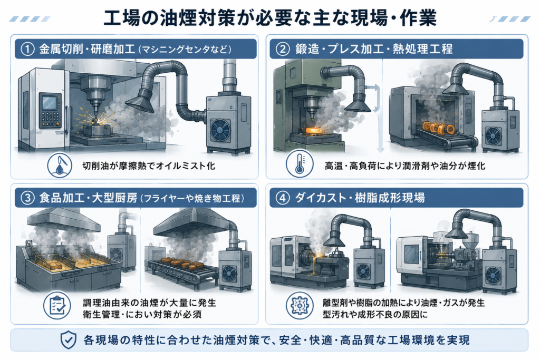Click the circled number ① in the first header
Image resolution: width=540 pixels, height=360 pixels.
tap(27, 49)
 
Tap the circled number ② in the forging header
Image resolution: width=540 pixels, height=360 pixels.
tap(283, 49)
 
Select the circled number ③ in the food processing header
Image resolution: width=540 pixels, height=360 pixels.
tap(27, 198)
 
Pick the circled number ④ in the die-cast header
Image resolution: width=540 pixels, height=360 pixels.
tap(283, 198)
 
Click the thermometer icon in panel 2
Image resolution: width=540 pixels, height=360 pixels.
tap(300, 164)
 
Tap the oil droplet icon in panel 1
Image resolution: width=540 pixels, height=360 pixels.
tap(60, 165)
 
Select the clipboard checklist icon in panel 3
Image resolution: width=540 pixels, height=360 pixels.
tap(57, 306)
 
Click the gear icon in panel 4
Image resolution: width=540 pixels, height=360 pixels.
tap(299, 306)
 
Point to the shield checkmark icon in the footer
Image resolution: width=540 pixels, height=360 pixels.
tap(68, 340)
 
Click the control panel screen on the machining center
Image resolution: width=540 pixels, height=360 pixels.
tap(50, 102)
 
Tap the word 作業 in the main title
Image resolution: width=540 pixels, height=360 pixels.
tap(418, 18)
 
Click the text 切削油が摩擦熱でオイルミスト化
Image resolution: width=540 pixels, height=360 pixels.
tap(149, 166)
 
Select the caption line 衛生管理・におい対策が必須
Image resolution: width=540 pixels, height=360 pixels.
tap(142, 315)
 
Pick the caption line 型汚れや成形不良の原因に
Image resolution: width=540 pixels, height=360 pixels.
tap(375, 315)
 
